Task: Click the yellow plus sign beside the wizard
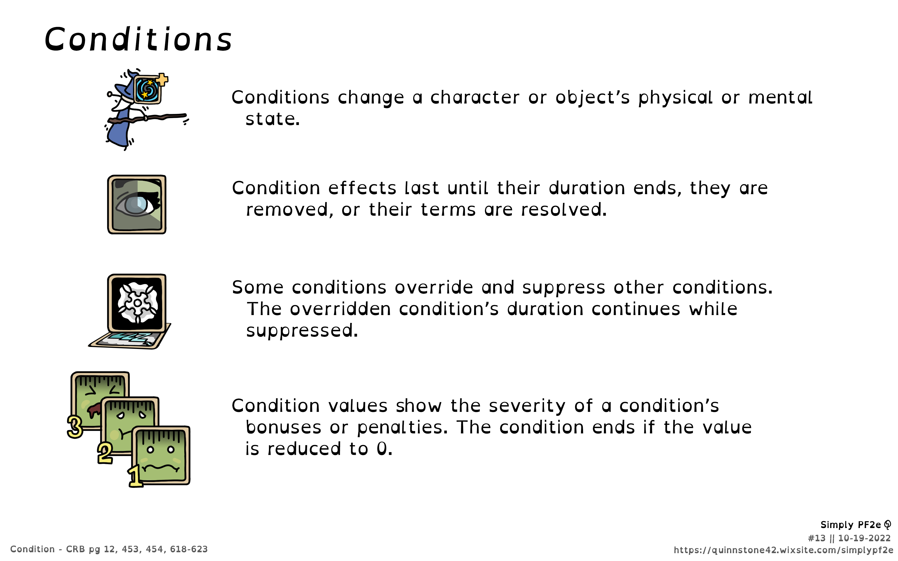point(162,79)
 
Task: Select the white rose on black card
point(137,303)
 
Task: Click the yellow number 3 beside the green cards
point(75,427)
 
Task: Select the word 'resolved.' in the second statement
point(564,210)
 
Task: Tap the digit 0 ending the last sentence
point(382,449)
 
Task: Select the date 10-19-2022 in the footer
point(864,538)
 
